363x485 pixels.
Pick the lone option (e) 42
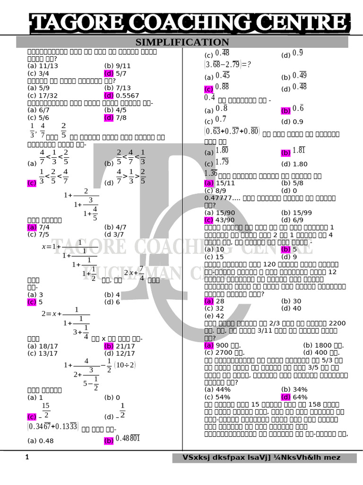[x=215, y=315]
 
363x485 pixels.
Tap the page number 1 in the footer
[x=27, y=457]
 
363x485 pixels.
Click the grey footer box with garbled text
[x=262, y=458]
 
